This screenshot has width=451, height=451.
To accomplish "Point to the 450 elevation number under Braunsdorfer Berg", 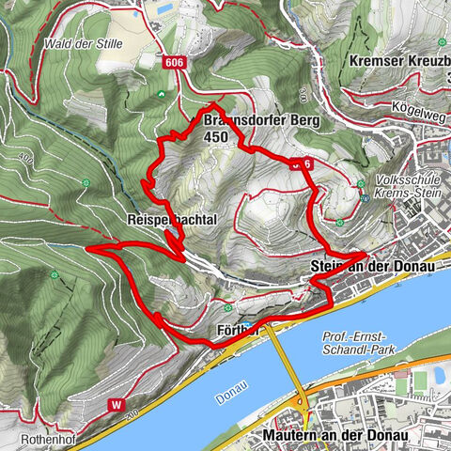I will tap(215, 136).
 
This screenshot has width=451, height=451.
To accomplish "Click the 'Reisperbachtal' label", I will tap(157, 218).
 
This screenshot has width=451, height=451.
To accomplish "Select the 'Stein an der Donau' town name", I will tap(373, 268).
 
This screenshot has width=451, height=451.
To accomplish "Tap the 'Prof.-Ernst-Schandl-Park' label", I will tap(360, 343).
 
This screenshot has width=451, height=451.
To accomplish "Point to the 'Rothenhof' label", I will tap(45, 438).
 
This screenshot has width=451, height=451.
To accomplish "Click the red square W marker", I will tap(117, 405).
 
